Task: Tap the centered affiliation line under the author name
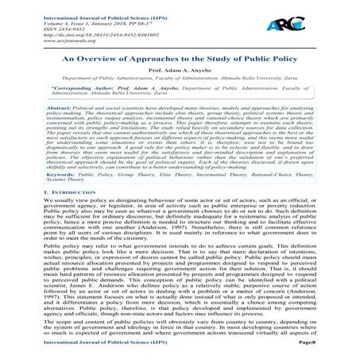pyautogui.click(x=180, y=79)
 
